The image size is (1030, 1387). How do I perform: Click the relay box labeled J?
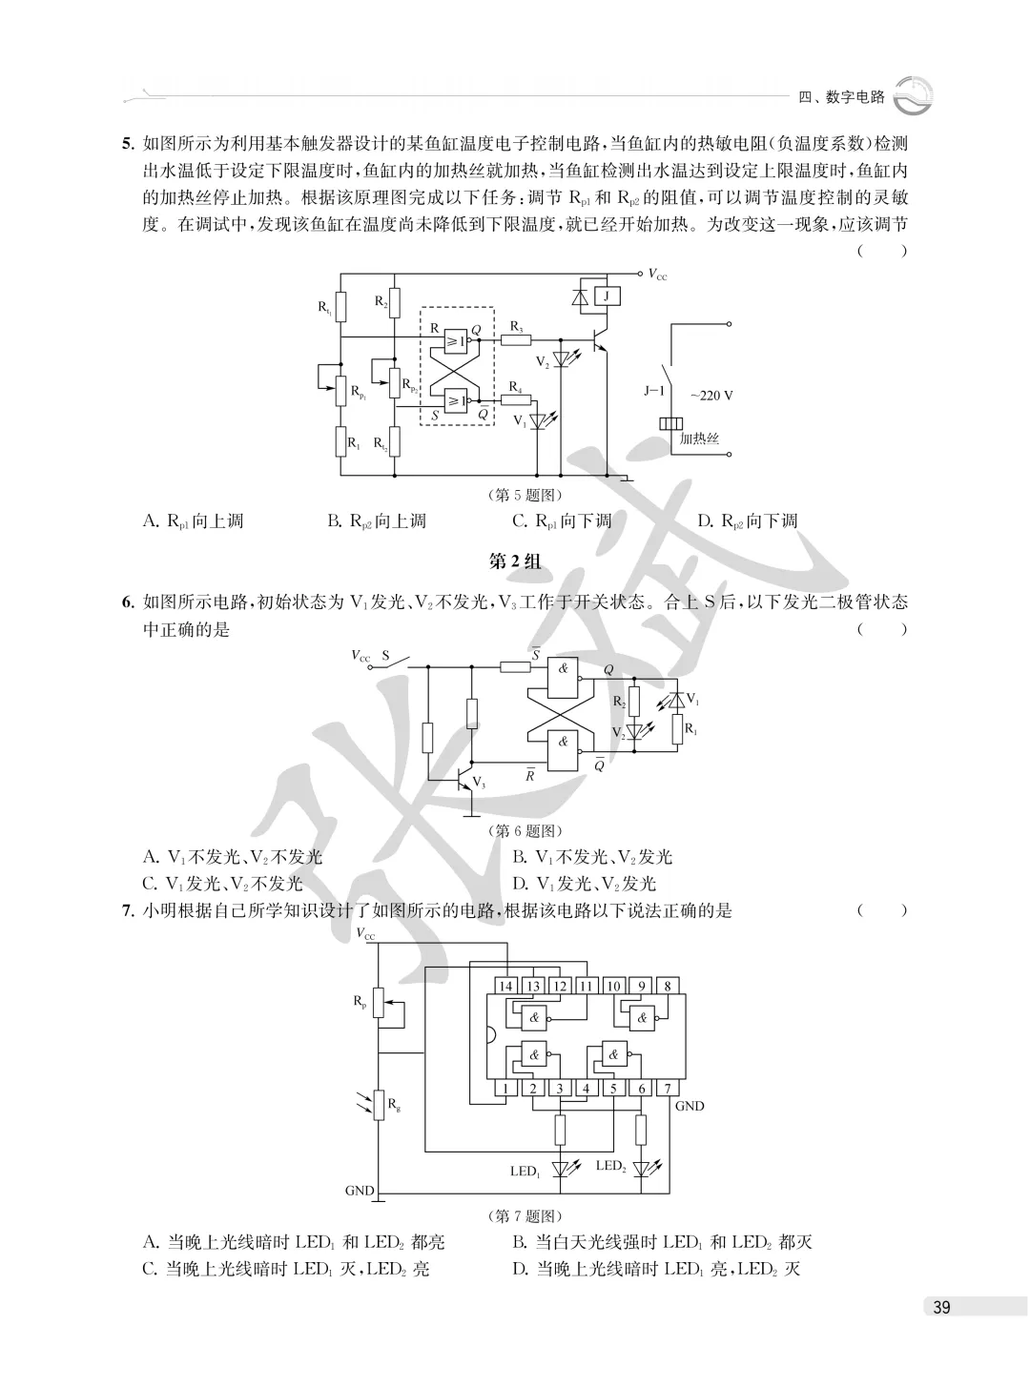(607, 296)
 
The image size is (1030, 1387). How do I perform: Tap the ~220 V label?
(711, 396)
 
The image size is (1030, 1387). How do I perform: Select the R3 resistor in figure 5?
(516, 339)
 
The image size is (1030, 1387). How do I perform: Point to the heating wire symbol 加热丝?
(670, 423)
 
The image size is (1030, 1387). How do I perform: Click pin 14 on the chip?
(505, 987)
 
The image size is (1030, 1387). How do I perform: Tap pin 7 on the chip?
(668, 1088)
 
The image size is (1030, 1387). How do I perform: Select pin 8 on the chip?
(668, 987)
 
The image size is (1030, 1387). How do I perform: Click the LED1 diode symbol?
(560, 1168)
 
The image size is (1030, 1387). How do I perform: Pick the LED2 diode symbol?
(641, 1168)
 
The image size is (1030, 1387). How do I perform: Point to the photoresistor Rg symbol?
(379, 1105)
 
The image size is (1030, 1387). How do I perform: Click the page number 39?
(941, 1308)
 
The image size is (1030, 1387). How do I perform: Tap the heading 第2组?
(514, 561)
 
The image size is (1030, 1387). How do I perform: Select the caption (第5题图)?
(525, 496)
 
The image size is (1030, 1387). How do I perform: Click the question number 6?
(128, 602)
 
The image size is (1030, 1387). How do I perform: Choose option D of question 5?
(748, 520)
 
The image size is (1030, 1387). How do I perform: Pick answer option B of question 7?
(662, 1242)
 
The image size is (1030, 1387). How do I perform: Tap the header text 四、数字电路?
(842, 97)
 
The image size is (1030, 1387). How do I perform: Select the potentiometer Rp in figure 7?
(379, 1003)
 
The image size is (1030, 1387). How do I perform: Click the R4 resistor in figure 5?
(516, 400)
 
